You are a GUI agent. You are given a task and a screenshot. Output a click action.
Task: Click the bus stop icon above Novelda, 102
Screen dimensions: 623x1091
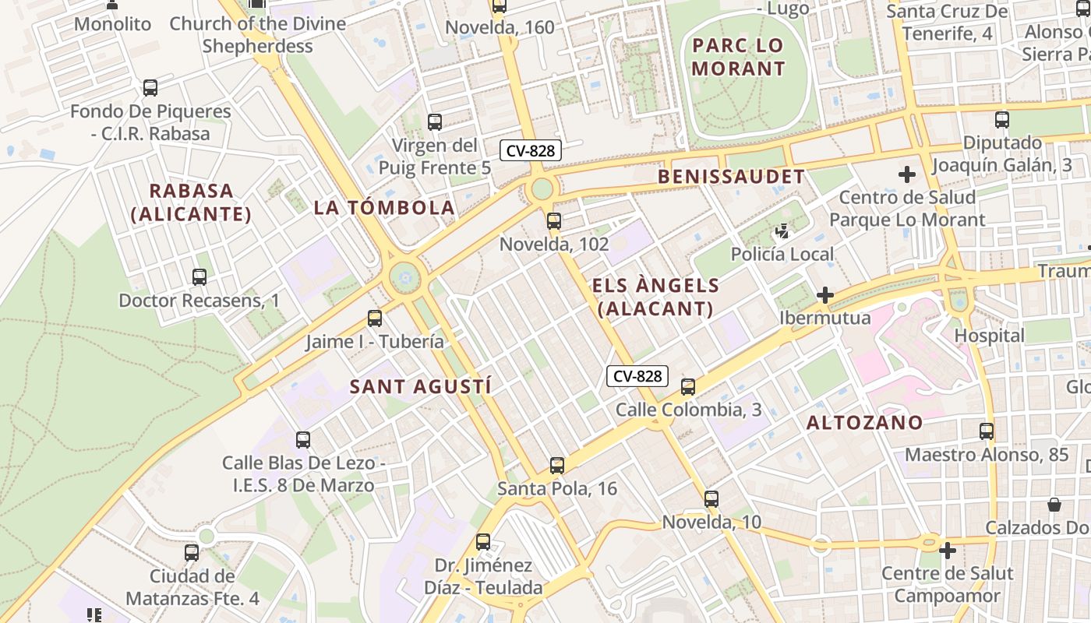tap(554, 221)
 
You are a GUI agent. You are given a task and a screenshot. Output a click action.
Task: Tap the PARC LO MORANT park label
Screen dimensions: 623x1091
tap(738, 57)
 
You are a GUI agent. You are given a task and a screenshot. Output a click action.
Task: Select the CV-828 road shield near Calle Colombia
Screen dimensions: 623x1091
tap(637, 376)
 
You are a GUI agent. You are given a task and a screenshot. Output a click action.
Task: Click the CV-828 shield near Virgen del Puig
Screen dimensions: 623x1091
tap(531, 150)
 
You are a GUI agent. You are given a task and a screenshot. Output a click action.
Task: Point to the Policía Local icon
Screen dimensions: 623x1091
tap(782, 231)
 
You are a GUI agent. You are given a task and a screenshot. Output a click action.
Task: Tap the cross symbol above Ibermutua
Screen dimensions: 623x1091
tap(825, 295)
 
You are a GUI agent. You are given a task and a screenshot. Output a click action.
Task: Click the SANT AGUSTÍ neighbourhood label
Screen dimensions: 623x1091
tap(420, 386)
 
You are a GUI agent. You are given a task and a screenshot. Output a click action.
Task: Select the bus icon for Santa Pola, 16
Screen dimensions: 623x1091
tap(556, 466)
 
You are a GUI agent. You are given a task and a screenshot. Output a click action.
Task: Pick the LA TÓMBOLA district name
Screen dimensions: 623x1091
tap(384, 207)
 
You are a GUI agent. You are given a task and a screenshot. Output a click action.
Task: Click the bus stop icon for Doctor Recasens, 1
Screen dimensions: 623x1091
tap(199, 276)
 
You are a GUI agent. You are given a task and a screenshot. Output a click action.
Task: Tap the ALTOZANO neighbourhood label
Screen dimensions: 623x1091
tap(864, 423)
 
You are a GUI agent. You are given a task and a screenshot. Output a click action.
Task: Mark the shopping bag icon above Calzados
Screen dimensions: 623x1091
tap(1054, 505)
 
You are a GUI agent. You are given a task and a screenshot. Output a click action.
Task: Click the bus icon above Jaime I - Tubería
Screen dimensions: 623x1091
tap(375, 318)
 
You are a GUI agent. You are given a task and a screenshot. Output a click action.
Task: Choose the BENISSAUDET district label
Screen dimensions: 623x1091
tap(731, 177)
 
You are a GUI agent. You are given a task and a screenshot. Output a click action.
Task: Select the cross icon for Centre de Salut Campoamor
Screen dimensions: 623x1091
tap(948, 551)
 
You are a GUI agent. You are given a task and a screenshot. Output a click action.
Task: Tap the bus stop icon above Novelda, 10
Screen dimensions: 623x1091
tap(711, 499)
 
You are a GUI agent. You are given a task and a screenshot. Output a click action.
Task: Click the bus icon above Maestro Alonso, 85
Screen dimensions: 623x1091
tap(987, 431)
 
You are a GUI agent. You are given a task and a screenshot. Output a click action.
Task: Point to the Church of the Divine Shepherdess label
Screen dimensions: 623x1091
tap(257, 34)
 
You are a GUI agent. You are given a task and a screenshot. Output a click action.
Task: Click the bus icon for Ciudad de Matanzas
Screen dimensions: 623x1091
tap(192, 553)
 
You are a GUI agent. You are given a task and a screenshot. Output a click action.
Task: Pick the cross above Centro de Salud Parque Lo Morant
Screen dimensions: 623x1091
tap(907, 174)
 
